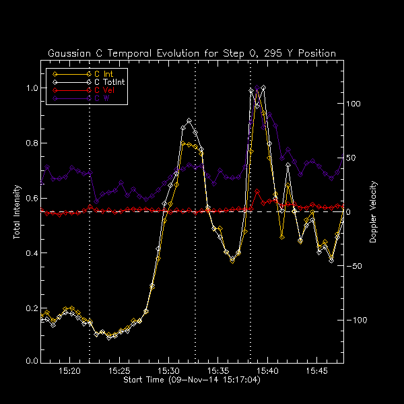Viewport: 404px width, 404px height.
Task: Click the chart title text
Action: click(192, 53)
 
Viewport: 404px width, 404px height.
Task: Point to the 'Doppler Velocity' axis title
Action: click(374, 211)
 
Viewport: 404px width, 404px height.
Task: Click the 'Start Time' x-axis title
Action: click(192, 380)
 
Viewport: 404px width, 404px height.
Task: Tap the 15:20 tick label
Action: click(70, 371)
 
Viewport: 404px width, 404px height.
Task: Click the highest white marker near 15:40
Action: click(263, 88)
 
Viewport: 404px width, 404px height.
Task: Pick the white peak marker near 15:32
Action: click(189, 121)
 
